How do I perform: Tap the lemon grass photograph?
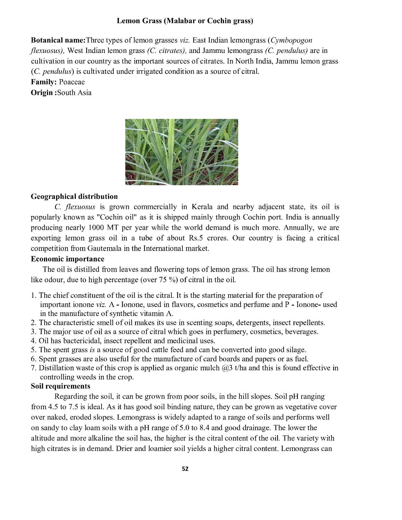[181, 152]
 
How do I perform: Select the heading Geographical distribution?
[74, 196]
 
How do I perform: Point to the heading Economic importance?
[68, 259]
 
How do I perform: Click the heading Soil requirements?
[60, 386]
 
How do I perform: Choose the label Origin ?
[44, 93]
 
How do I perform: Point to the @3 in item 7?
[225, 368]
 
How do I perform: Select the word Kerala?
[201, 207]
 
